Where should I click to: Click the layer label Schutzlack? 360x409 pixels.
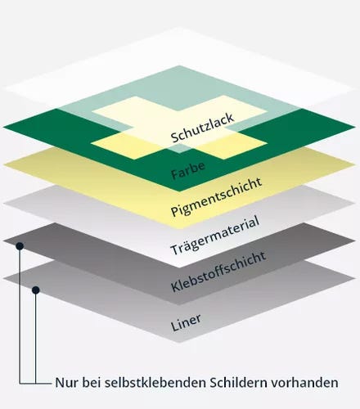(202, 128)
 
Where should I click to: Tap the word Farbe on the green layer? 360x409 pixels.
(188, 170)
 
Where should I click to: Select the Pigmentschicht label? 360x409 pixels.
(216, 196)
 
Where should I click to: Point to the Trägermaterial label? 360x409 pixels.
(214, 235)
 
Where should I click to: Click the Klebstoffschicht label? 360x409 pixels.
(218, 272)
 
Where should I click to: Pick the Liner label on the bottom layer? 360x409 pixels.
(186, 322)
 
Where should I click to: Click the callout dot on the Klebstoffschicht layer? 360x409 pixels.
(20, 246)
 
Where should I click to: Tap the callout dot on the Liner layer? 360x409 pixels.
(36, 290)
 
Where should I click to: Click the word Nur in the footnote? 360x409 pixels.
(65, 383)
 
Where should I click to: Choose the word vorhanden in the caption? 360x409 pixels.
(304, 383)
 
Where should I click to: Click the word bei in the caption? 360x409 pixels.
(90, 383)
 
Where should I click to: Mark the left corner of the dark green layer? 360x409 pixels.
(2, 127)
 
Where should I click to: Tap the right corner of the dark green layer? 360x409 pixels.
(356, 127)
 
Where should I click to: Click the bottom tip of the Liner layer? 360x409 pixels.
(179, 342)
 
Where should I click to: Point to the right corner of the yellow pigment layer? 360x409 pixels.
(356, 165)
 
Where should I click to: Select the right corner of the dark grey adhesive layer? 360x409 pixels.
(356, 240)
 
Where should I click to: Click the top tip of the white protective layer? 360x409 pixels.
(179, 27)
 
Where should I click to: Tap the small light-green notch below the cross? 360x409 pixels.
(179, 149)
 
